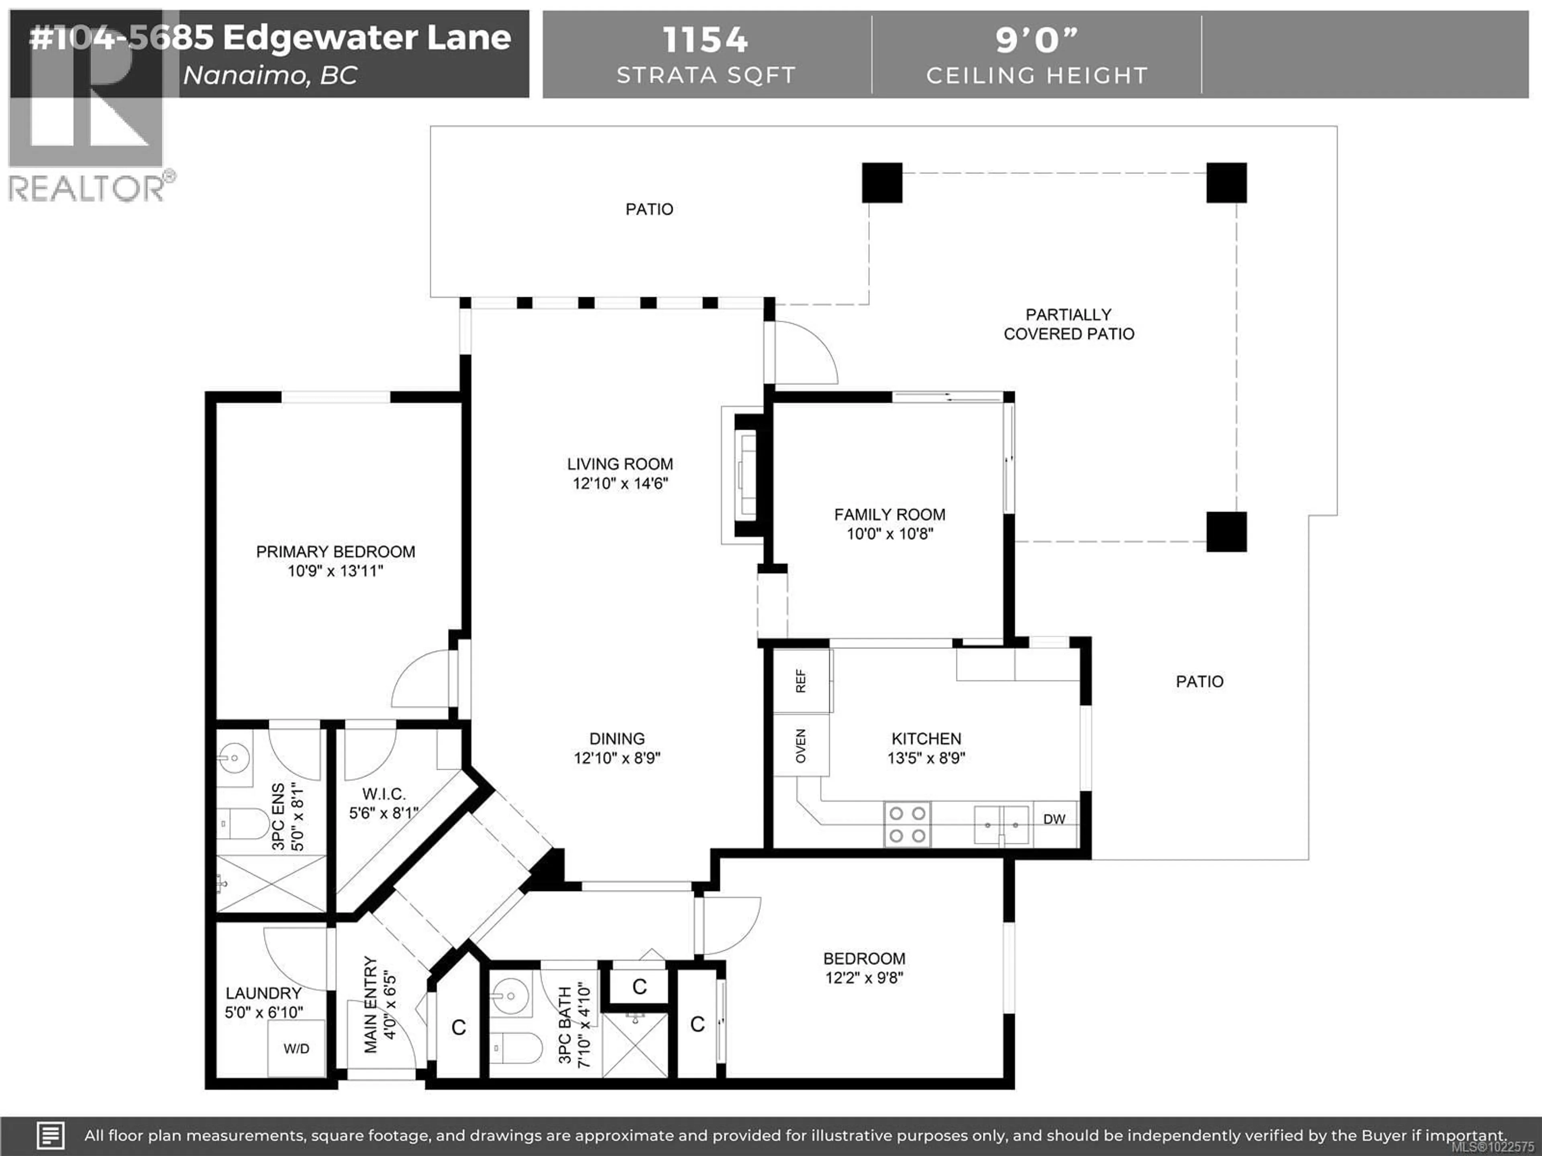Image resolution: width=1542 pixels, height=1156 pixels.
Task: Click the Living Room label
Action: (x=620, y=464)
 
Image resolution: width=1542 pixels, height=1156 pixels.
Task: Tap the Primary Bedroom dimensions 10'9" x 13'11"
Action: (x=335, y=572)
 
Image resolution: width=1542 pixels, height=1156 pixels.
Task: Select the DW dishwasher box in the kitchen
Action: (x=1054, y=820)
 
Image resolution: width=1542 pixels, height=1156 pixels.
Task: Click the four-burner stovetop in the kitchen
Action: (x=908, y=824)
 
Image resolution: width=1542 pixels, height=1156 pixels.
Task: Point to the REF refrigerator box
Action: (x=801, y=681)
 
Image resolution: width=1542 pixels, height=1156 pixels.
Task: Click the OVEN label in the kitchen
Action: (x=801, y=746)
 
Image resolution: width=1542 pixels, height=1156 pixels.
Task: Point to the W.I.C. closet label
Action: (x=383, y=794)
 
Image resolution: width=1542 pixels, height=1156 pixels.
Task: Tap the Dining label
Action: (x=617, y=739)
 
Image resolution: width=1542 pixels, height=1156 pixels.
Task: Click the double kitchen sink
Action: (x=1001, y=824)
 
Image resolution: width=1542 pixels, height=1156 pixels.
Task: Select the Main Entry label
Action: (x=370, y=1004)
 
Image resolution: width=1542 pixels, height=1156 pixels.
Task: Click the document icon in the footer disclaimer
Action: (x=50, y=1136)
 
